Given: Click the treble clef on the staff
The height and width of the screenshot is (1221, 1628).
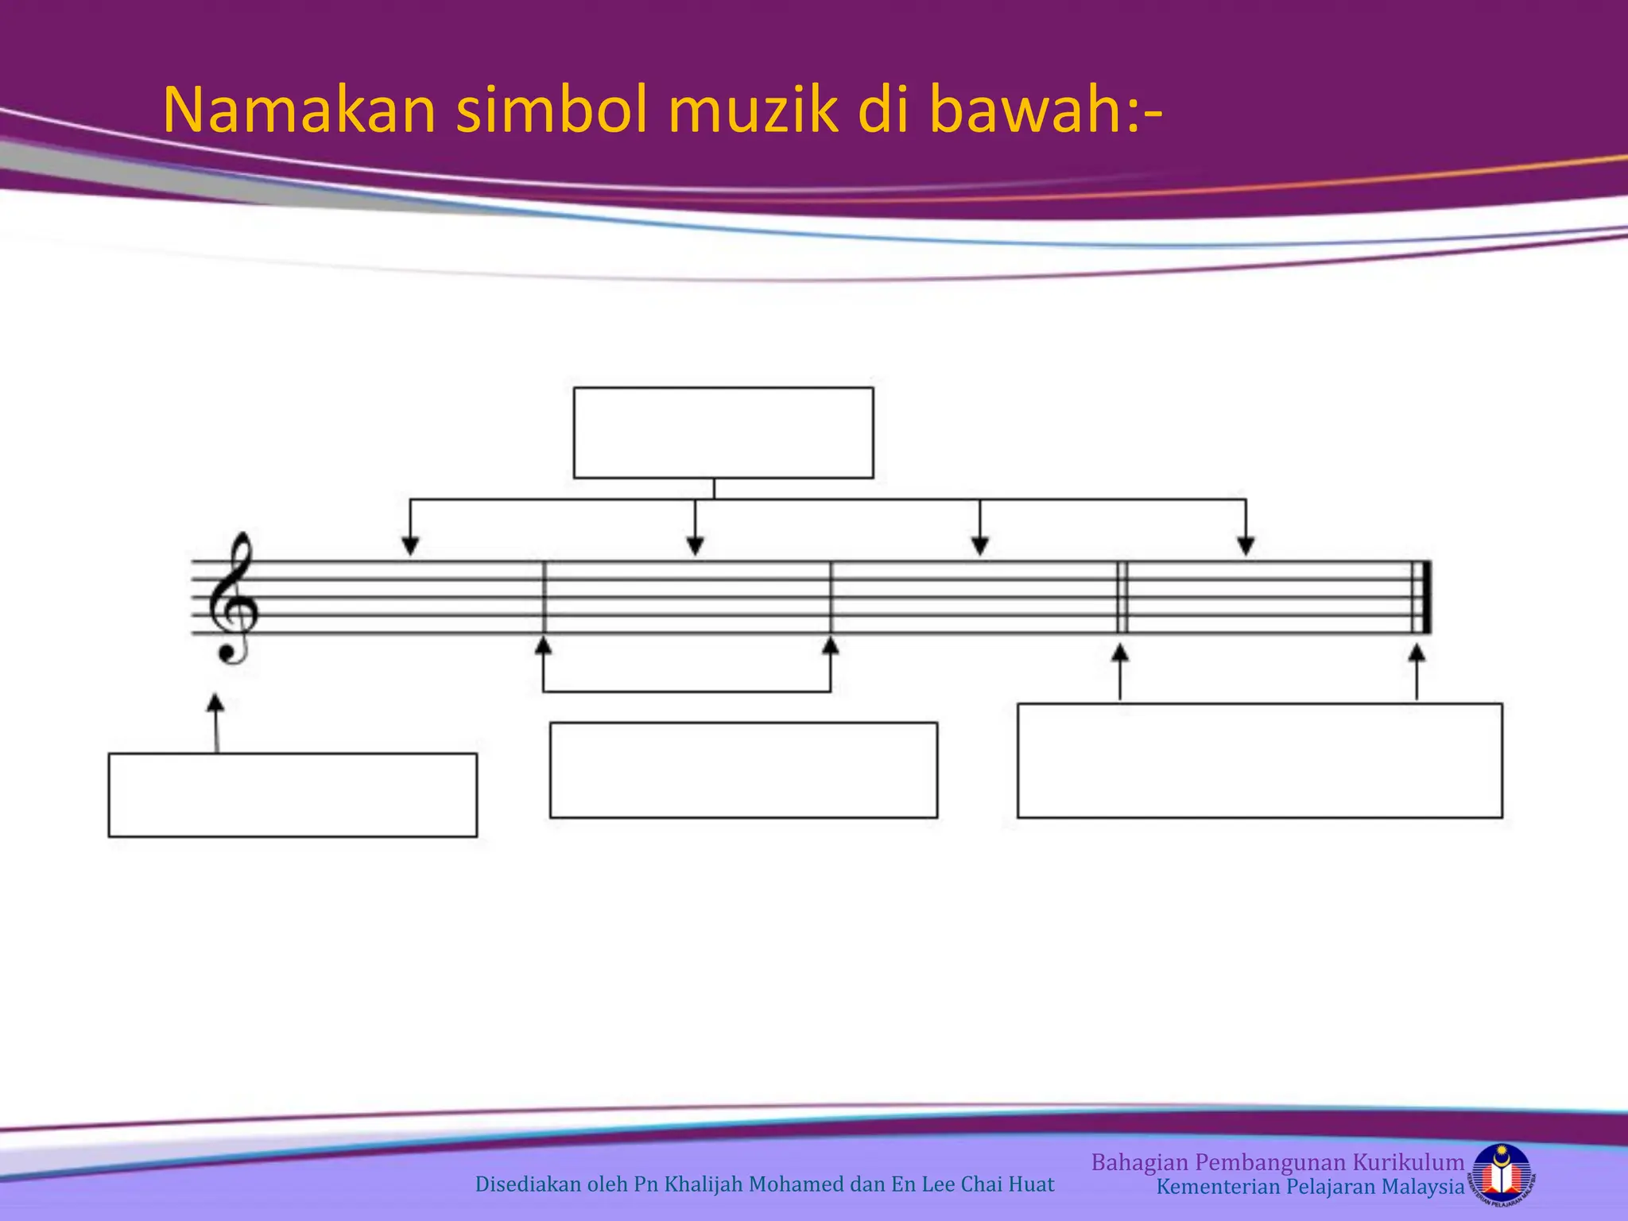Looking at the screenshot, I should tap(232, 598).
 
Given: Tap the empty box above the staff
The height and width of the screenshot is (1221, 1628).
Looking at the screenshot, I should tap(723, 432).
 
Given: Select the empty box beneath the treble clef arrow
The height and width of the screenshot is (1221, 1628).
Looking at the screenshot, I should tap(293, 795).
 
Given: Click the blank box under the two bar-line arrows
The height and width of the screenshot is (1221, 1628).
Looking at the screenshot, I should tap(743, 769).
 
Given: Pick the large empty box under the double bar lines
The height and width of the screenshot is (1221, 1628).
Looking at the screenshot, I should tap(1260, 760).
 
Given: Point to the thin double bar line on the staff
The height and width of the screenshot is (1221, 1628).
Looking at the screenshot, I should tap(1122, 598).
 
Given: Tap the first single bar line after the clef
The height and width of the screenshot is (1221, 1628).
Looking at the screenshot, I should tap(545, 598).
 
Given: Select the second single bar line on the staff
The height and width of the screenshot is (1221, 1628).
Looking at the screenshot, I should tap(831, 598).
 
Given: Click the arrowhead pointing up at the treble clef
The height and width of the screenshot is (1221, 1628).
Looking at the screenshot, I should tap(215, 703).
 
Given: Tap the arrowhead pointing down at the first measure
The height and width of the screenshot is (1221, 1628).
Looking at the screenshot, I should tap(410, 546).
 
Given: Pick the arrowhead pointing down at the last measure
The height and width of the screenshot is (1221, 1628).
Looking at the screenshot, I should tap(1246, 546).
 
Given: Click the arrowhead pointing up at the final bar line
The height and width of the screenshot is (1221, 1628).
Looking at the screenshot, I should tap(1417, 653).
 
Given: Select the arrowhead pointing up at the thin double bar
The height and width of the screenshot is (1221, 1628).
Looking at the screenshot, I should tap(1120, 653).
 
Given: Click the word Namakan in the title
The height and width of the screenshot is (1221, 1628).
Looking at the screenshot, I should tap(299, 111).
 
